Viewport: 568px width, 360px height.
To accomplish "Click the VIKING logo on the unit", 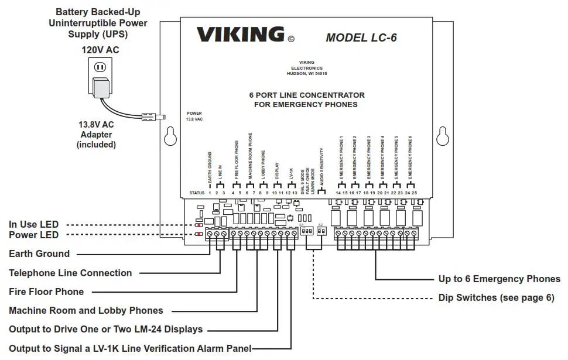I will pos(240,35).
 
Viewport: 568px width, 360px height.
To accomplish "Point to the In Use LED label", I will pos(33,224).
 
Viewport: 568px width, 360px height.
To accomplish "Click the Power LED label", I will pos(33,235).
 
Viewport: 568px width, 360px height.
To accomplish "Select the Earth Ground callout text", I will pos(39,254).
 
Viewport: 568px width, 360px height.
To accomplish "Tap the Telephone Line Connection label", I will pos(70,273).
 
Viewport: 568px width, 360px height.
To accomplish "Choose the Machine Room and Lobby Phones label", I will pos(85,310).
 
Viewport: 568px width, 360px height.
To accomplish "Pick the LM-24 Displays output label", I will pos(105,330).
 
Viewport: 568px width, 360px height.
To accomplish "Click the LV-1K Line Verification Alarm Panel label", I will pos(129,348).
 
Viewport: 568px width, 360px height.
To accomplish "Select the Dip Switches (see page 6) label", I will pos(496,297).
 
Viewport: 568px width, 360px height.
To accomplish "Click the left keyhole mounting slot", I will pos(171,136).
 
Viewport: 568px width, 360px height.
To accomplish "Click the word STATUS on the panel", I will pos(197,193).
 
